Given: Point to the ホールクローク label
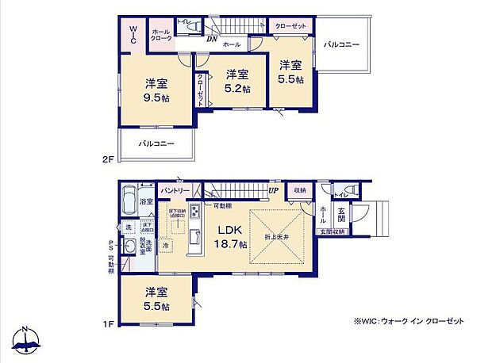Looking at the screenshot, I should (x=160, y=35).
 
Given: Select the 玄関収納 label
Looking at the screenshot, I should (x=332, y=231).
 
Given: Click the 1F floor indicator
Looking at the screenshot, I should (x=108, y=323).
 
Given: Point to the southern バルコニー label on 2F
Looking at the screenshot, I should (x=156, y=144).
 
